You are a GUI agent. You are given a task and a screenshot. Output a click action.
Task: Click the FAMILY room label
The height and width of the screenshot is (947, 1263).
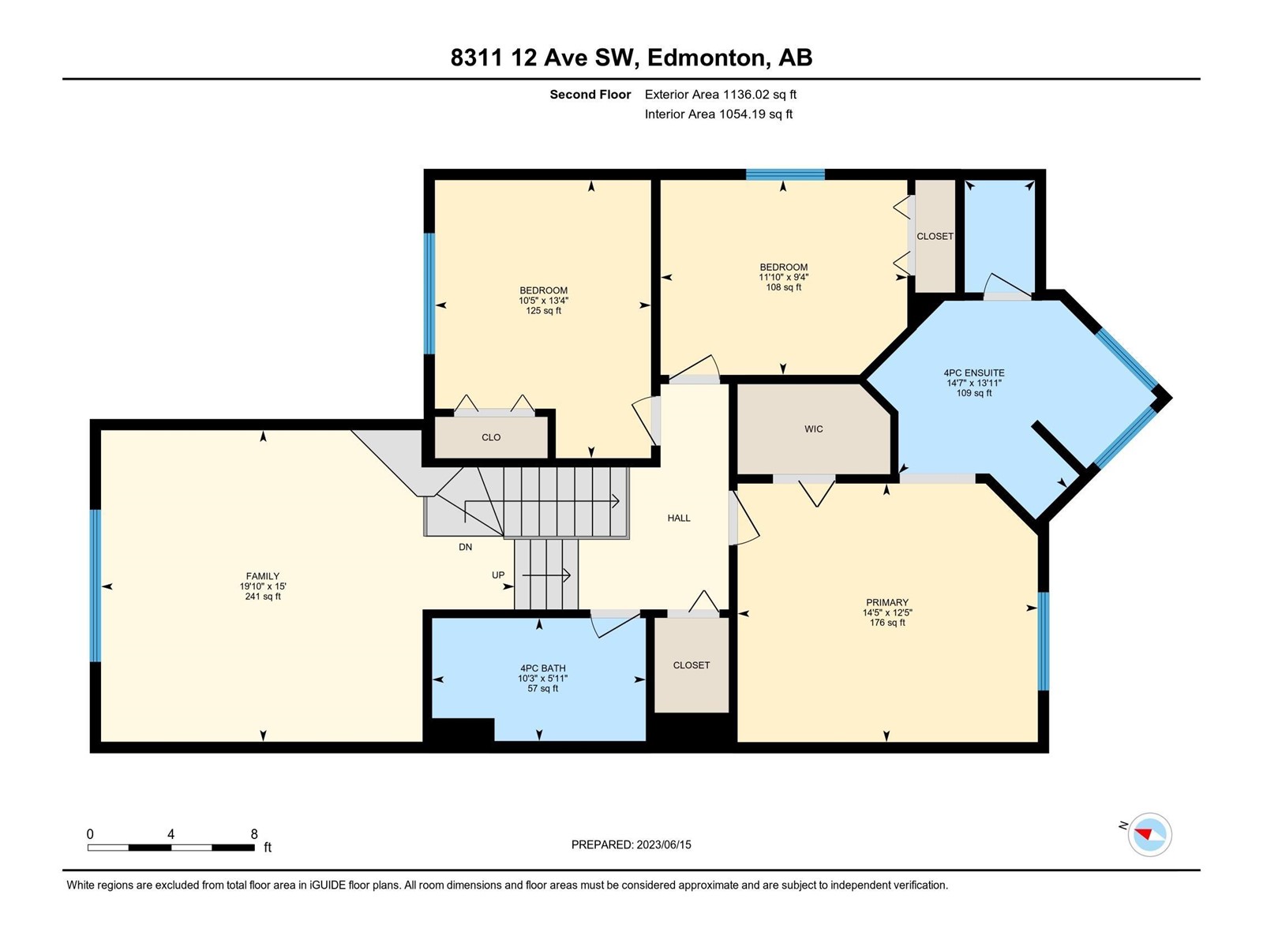pos(262,575)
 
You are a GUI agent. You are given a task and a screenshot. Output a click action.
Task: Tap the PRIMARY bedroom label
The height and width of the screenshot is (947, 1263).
pos(886,603)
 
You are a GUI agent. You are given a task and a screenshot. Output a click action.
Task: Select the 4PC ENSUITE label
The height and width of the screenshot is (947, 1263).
pos(973,372)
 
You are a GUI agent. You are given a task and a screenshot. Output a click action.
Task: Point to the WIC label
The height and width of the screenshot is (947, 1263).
pos(814,429)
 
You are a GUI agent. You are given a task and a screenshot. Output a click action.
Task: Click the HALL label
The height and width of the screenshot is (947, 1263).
pos(679,518)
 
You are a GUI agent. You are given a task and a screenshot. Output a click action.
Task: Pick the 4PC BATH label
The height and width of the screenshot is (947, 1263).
pos(542,668)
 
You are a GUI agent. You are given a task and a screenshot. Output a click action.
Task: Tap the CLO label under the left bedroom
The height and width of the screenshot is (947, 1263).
pos(491,437)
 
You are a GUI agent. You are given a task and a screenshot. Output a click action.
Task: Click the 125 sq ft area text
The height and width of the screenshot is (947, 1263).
pos(543,310)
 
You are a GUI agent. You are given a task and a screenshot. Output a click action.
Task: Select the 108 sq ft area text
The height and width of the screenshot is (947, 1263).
pos(783,287)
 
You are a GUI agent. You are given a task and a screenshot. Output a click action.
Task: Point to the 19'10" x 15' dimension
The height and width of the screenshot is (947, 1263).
pos(263,586)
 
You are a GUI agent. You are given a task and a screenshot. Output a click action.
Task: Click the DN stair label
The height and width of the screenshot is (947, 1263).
pos(466,548)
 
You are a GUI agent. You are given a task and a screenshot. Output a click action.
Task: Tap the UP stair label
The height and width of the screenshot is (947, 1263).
pos(498,575)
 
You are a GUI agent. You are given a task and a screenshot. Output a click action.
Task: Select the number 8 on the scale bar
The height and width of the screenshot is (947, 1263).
pos(254,834)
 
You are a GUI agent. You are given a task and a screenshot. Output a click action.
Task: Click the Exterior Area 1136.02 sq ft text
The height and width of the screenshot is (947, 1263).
pos(721,94)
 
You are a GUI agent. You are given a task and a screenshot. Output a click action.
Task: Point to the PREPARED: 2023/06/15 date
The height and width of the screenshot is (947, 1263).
pos(631,844)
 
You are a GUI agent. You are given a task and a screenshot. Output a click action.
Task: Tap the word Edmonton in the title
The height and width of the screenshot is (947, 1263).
pos(709,58)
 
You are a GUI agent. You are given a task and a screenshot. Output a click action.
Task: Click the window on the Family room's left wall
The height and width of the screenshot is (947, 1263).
pos(96,586)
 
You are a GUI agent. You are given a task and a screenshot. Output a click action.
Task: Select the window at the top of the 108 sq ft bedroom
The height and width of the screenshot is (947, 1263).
pos(785,174)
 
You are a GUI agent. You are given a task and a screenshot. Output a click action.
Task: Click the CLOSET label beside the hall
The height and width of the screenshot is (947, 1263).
pos(691,665)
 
